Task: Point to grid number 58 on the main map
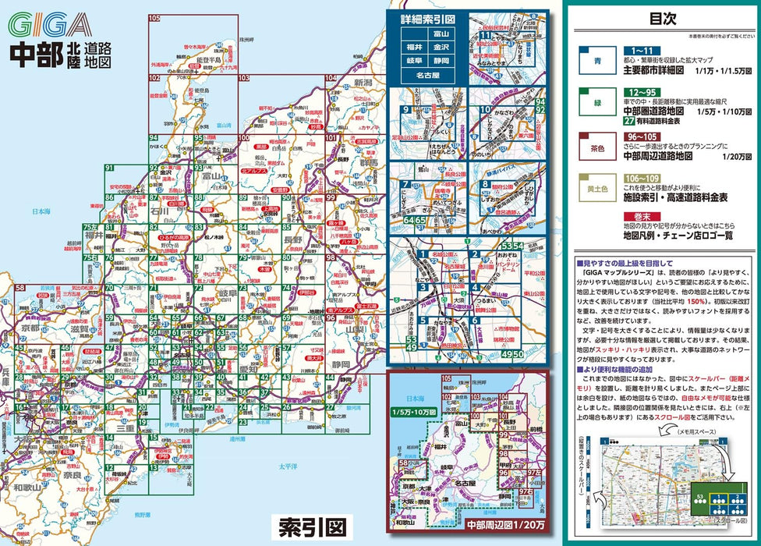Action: tap(19, 289)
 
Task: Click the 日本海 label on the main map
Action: tap(39, 211)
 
